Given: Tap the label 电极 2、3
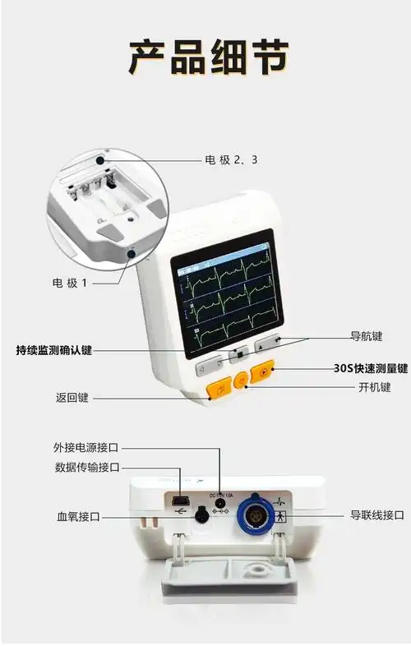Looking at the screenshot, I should [x=231, y=159].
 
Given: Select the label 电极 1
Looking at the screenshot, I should [x=70, y=283].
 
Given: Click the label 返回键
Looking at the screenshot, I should [x=72, y=398].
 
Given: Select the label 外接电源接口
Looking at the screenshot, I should [x=86, y=448].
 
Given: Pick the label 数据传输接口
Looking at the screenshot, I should [x=86, y=468].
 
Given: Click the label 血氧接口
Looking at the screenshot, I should [x=78, y=517].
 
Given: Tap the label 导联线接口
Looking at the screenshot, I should [x=377, y=515].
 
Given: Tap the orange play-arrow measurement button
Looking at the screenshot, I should [x=262, y=373].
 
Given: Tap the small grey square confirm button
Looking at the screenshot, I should [x=240, y=355].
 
